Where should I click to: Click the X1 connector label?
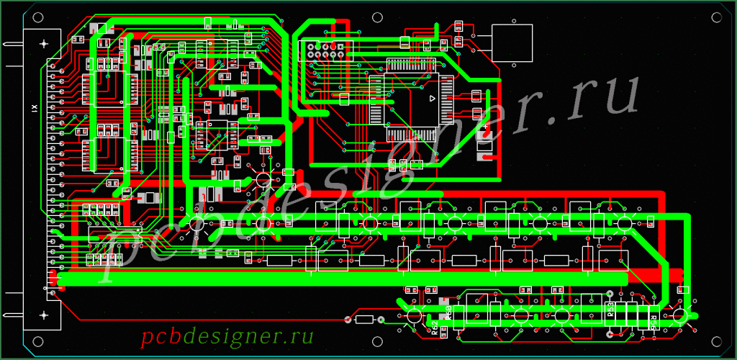33,108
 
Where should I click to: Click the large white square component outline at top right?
512,42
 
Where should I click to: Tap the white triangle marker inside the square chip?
433,97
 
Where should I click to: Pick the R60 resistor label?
448,312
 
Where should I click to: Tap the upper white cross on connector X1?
45,44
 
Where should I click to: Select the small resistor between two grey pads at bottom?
364,320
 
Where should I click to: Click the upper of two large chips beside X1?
107,89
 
